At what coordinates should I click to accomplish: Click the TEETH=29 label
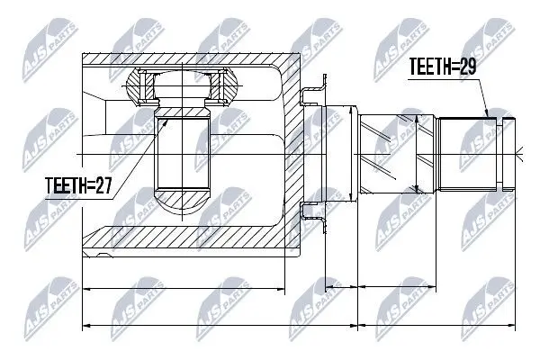coord(443,67)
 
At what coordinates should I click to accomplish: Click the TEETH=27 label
coord(78,185)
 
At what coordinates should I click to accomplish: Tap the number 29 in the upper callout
coord(468,67)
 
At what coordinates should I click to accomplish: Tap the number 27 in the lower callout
coord(103,185)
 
